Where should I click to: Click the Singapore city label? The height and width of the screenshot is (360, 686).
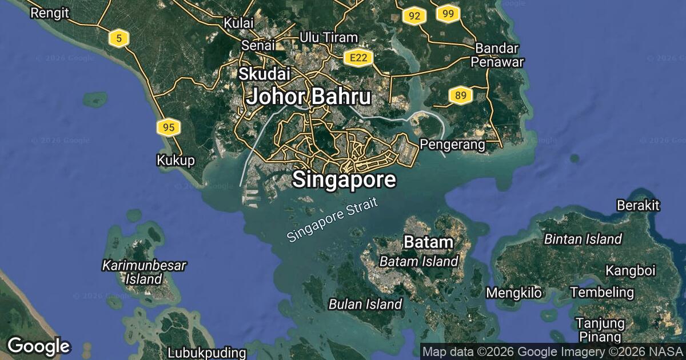point(344,179)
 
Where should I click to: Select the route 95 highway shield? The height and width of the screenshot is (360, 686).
point(169,127)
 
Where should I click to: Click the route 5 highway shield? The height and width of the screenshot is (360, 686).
point(119,38)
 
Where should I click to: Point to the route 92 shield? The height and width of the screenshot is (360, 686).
point(414,16)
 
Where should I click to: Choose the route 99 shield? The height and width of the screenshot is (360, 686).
point(448,13)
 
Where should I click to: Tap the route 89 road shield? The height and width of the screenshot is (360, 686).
point(460,95)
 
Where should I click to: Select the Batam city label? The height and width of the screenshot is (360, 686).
point(428,242)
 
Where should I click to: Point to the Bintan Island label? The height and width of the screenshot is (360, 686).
point(583,239)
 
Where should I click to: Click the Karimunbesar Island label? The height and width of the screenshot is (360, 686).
point(144,272)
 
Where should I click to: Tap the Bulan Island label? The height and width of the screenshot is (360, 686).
point(365,304)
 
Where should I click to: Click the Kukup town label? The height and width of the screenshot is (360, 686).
point(176,161)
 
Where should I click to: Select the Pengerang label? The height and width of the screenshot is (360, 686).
point(452,145)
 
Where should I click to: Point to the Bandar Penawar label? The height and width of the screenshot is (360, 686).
point(497,55)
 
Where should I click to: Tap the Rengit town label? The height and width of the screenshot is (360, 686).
point(50,12)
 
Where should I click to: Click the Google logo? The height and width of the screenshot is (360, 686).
point(38,346)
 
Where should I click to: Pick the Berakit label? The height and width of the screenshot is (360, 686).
point(638,205)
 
